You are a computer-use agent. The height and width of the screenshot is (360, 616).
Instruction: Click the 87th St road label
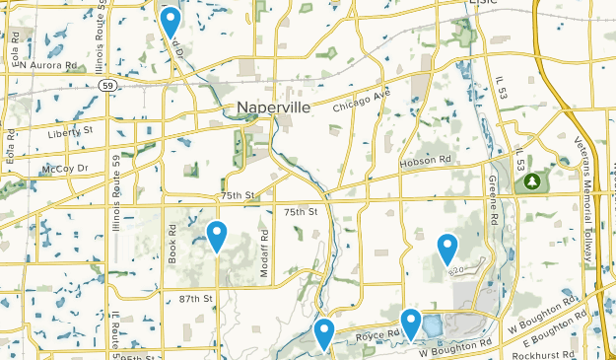[x=195, y=298]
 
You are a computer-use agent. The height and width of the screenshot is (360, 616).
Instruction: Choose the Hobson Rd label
[x=426, y=160]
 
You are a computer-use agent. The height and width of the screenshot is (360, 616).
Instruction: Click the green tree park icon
[x=533, y=181]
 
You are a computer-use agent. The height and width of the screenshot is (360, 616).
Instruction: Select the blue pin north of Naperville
[x=171, y=22]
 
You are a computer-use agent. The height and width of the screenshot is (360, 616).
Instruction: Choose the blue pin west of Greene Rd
[x=447, y=248]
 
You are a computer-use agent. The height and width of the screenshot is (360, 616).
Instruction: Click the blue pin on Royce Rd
[x=411, y=324]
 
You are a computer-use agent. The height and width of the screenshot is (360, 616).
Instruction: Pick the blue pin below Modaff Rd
[x=324, y=333]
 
